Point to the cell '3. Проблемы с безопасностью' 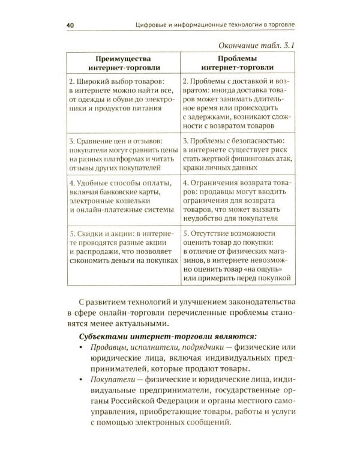click(238, 152)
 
